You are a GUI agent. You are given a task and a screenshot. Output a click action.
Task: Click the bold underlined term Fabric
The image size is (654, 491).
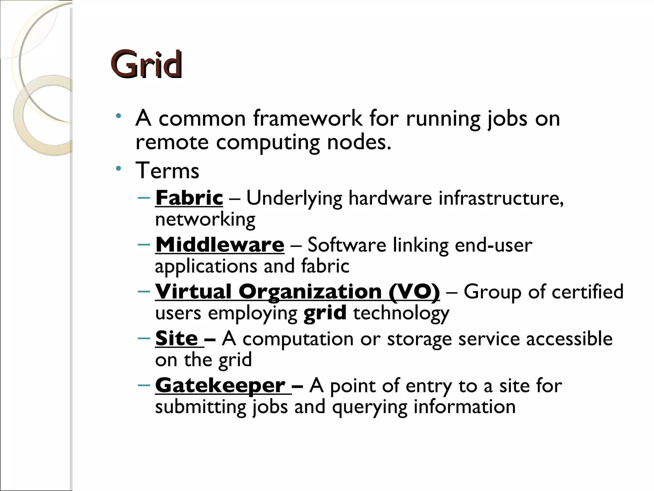[x=189, y=198]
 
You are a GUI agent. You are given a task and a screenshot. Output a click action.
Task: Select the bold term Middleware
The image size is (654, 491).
[x=220, y=245]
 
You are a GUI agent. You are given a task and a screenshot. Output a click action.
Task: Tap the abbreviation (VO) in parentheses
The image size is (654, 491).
[x=414, y=292]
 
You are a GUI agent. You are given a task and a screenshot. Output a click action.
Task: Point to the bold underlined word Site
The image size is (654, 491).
[x=177, y=339]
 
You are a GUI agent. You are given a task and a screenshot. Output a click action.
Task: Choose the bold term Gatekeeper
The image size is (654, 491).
[x=220, y=386]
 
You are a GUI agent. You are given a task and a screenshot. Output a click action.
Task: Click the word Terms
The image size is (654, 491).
[x=167, y=170]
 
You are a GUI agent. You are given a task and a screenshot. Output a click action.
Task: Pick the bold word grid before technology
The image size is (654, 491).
[x=325, y=313]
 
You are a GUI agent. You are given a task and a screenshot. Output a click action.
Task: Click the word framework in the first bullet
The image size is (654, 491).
[x=308, y=119]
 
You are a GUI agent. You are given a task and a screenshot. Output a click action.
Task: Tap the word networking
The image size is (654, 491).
[x=205, y=220]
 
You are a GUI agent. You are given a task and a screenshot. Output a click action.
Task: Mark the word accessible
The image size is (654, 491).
[x=569, y=339]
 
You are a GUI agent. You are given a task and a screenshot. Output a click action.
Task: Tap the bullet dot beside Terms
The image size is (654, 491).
[x=119, y=168]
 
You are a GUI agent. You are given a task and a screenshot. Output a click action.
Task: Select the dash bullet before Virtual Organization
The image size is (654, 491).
[x=144, y=291]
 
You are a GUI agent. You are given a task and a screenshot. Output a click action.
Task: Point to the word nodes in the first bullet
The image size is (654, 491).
[x=359, y=142]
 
